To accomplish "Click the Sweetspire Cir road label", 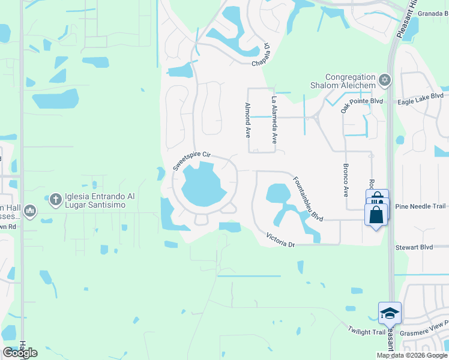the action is click(192, 159).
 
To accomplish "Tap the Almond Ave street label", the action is click(247, 120).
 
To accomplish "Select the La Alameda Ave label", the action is click(275, 120).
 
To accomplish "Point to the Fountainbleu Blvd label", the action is click(309, 199).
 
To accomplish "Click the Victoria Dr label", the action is click(281, 239).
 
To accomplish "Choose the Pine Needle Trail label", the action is click(420, 206).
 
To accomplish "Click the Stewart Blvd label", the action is click(414, 247).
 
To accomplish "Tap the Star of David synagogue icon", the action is click(385, 80).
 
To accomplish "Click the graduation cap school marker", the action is click(389, 313).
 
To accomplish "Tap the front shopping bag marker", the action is click(376, 214).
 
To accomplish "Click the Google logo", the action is click(20, 353).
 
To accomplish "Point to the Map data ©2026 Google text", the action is click(411, 355).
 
